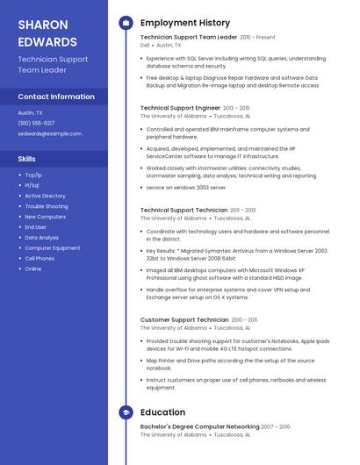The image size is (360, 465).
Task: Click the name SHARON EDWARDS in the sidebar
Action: (x=47, y=32)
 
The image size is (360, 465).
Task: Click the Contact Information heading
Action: (x=56, y=97)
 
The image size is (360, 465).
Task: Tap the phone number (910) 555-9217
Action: (x=36, y=123)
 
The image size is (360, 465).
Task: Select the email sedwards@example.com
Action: (x=50, y=133)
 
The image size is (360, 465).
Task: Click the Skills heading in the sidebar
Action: (x=27, y=159)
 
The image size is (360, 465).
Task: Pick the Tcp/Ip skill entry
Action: (x=33, y=175)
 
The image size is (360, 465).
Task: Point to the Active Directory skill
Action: (x=45, y=196)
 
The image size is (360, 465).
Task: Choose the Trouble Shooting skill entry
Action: (x=46, y=206)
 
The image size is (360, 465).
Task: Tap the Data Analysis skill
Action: (x=41, y=238)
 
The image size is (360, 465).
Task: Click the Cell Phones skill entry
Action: (x=40, y=259)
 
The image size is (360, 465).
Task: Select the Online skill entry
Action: (x=33, y=269)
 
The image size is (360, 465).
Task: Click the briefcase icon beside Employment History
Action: (x=126, y=23)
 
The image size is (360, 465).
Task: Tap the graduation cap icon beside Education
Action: (x=126, y=411)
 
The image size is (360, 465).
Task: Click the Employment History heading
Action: (x=185, y=23)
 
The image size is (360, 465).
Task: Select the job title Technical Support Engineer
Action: (x=180, y=108)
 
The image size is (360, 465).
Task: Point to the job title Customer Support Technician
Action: (x=184, y=320)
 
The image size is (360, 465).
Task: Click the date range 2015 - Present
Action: (x=257, y=38)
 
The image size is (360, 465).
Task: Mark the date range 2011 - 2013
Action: (x=243, y=211)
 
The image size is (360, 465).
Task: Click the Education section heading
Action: (x=162, y=411)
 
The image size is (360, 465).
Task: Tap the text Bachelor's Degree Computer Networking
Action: (x=198, y=426)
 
